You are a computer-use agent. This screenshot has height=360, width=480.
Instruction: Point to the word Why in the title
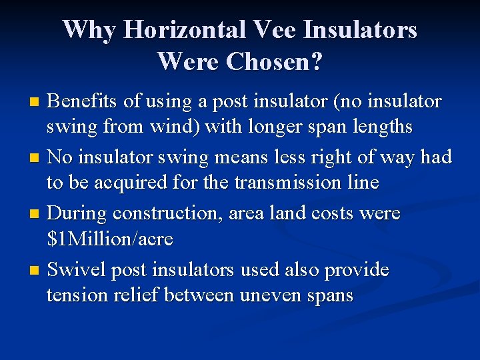[x=89, y=30]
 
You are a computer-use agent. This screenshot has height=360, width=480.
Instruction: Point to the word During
[x=77, y=213]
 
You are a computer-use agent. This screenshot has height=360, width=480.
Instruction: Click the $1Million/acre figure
[x=110, y=239]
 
